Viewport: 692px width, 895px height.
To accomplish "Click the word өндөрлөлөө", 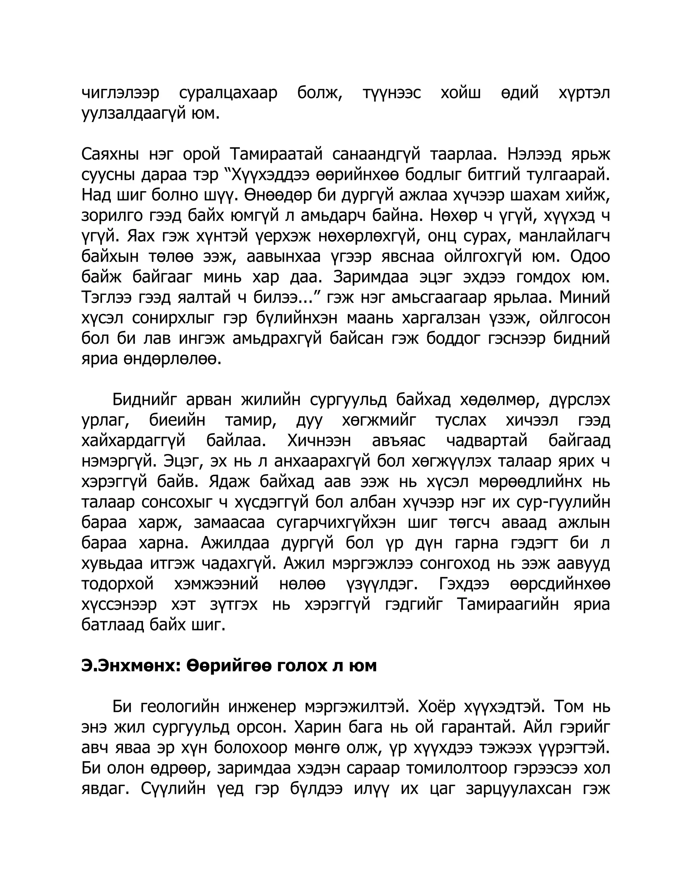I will [x=172, y=359].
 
